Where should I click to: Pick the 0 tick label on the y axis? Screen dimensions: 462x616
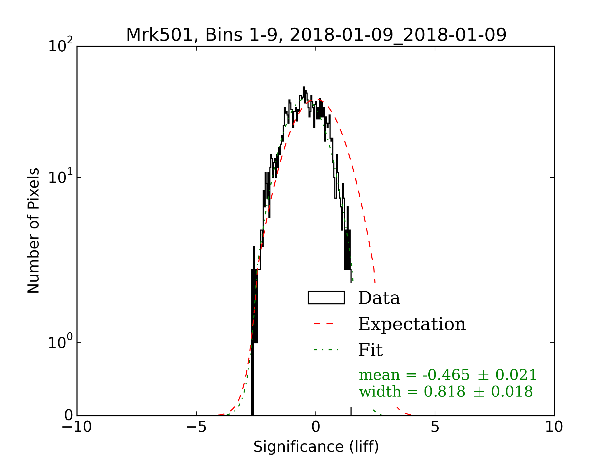pyautogui.click(x=69, y=416)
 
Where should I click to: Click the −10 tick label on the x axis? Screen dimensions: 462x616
pyautogui.click(x=77, y=427)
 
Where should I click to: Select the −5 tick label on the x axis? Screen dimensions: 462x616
pyautogui.click(x=196, y=427)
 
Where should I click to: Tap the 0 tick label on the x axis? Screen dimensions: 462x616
pyautogui.click(x=315, y=427)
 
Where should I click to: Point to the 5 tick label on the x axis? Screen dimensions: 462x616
pyautogui.click(x=435, y=427)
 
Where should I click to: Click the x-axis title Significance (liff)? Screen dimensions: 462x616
pyautogui.click(x=316, y=447)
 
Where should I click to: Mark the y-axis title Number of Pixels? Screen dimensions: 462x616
pyautogui.click(x=33, y=230)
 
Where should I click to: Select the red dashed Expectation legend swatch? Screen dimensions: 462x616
pyautogui.click(x=323, y=324)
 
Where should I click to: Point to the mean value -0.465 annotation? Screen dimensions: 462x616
pyautogui.click(x=446, y=375)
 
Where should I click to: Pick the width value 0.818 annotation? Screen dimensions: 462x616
pyautogui.click(x=445, y=392)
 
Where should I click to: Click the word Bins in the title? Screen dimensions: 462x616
pyautogui.click(x=224, y=35)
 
